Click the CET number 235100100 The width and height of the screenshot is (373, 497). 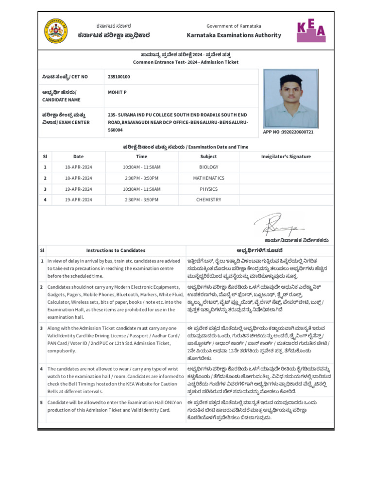click(119, 77)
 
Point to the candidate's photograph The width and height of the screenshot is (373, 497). click(290, 98)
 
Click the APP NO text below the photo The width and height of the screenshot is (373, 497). click(288, 132)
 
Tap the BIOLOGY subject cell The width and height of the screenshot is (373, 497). click(209, 167)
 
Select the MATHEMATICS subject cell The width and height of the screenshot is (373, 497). click(209, 178)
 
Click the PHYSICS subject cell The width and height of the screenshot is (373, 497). click(209, 189)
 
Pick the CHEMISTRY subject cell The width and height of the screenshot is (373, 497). click(209, 200)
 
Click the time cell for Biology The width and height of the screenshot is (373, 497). click(141, 167)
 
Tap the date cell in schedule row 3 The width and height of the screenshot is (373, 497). click(78, 189)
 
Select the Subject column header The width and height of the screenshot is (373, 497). click(209, 156)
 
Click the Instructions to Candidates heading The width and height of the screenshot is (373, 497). click(116, 250)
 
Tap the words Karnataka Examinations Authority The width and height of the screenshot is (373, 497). click(234, 35)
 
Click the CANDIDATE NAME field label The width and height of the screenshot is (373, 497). click(61, 99)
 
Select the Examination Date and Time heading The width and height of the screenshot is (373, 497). click(186, 147)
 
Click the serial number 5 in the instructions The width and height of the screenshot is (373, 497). click(42, 402)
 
